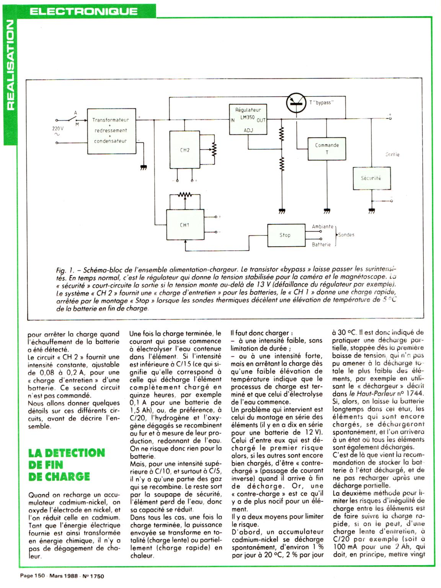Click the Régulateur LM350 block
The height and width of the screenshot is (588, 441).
click(247, 119)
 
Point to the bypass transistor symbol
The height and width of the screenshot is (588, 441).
click(297, 103)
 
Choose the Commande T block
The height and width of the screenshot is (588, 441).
click(327, 149)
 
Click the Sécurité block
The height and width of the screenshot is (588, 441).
click(371, 178)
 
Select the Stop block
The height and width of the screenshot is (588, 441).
click(284, 235)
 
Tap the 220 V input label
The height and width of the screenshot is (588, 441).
click(57, 129)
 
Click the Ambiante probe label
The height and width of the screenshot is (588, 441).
click(322, 227)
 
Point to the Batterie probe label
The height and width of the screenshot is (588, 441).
click(321, 244)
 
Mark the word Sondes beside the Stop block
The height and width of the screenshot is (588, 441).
click(346, 235)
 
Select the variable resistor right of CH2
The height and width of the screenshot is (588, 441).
click(214, 150)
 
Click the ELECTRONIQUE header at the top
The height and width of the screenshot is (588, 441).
click(83, 11)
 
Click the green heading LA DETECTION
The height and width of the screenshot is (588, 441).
click(67, 453)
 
